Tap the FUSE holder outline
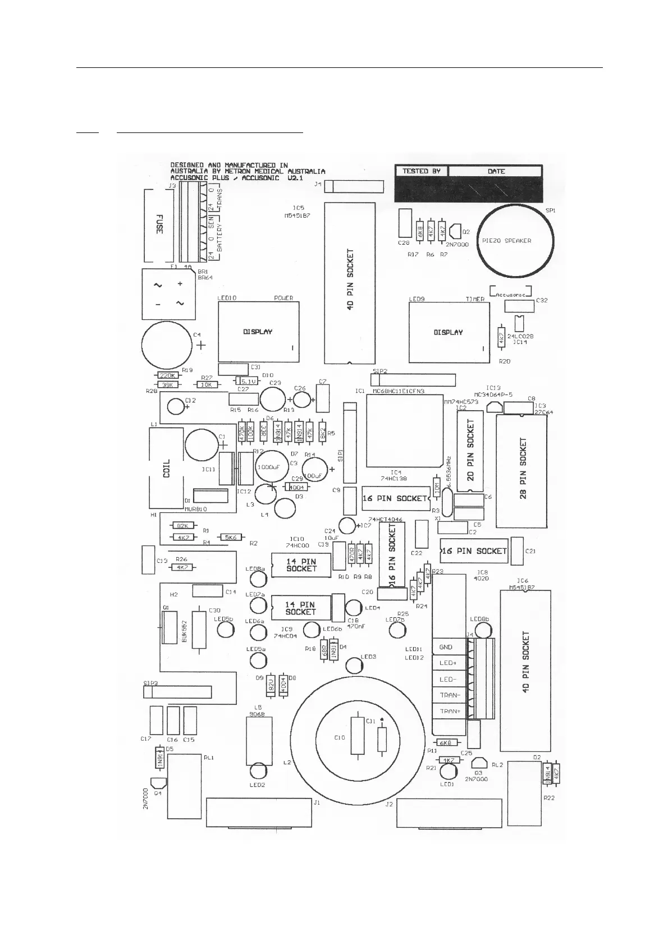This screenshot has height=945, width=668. [x=158, y=226]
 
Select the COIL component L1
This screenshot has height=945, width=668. [x=167, y=469]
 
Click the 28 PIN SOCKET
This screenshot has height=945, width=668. [x=522, y=470]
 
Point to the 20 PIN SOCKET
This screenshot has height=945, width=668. [x=470, y=451]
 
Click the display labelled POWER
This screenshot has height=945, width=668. [x=258, y=332]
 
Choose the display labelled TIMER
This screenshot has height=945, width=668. [x=448, y=332]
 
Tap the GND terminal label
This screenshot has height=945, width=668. [x=447, y=647]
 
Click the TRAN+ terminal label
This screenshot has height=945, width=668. [x=450, y=711]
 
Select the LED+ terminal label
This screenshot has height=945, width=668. [x=448, y=663]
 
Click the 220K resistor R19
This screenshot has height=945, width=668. [x=167, y=375]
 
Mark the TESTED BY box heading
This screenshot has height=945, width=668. [x=421, y=171]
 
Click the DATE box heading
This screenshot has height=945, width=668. [x=496, y=171]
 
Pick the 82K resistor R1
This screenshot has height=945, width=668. [x=183, y=525]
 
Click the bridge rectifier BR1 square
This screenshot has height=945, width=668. [x=167, y=293]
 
